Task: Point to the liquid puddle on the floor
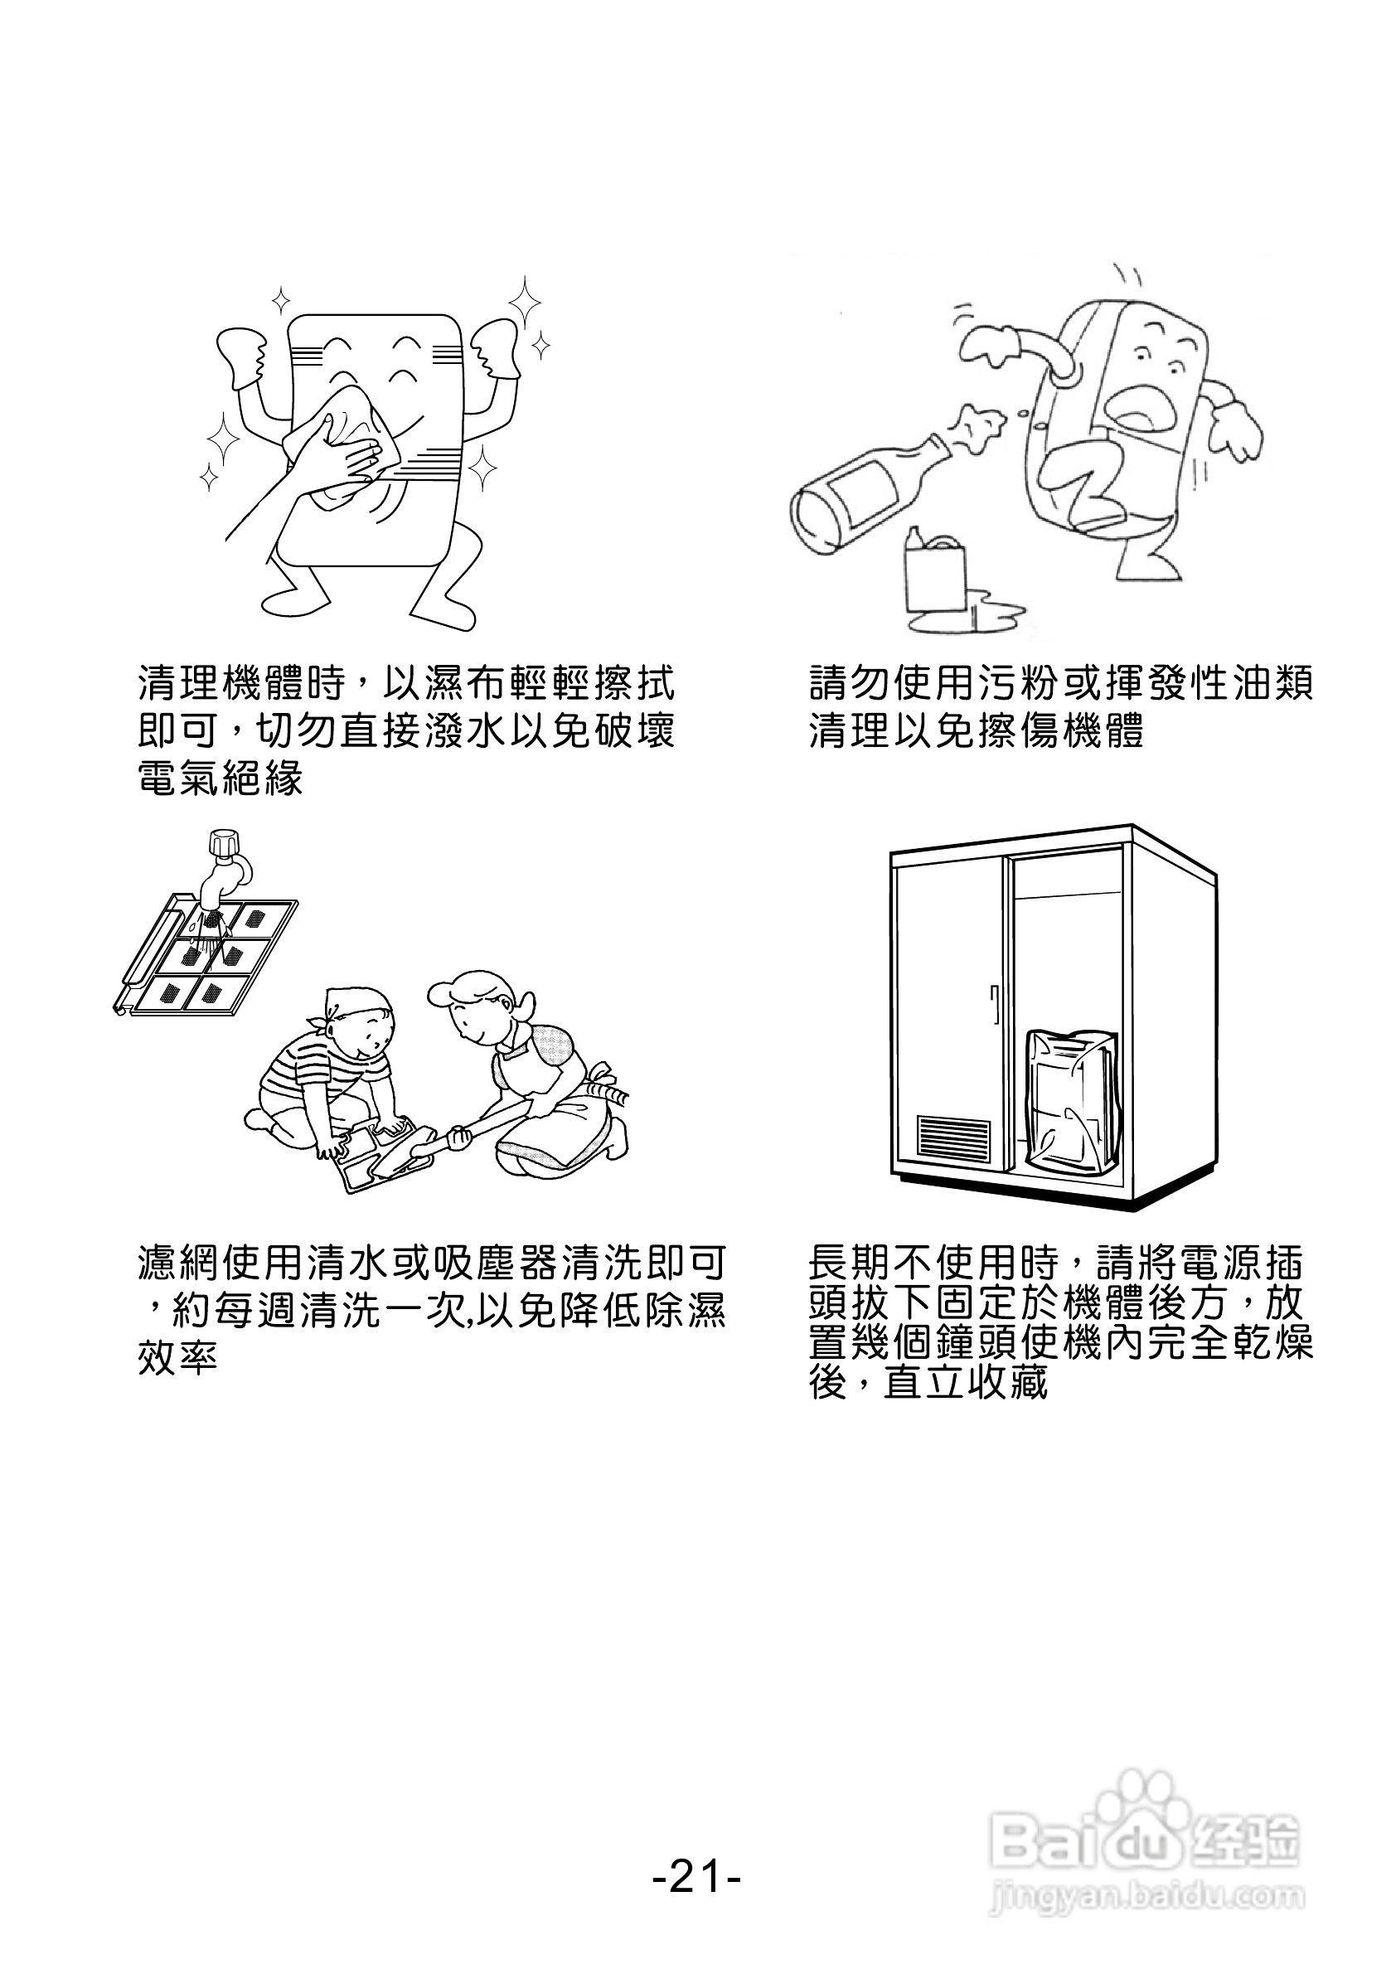989,614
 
